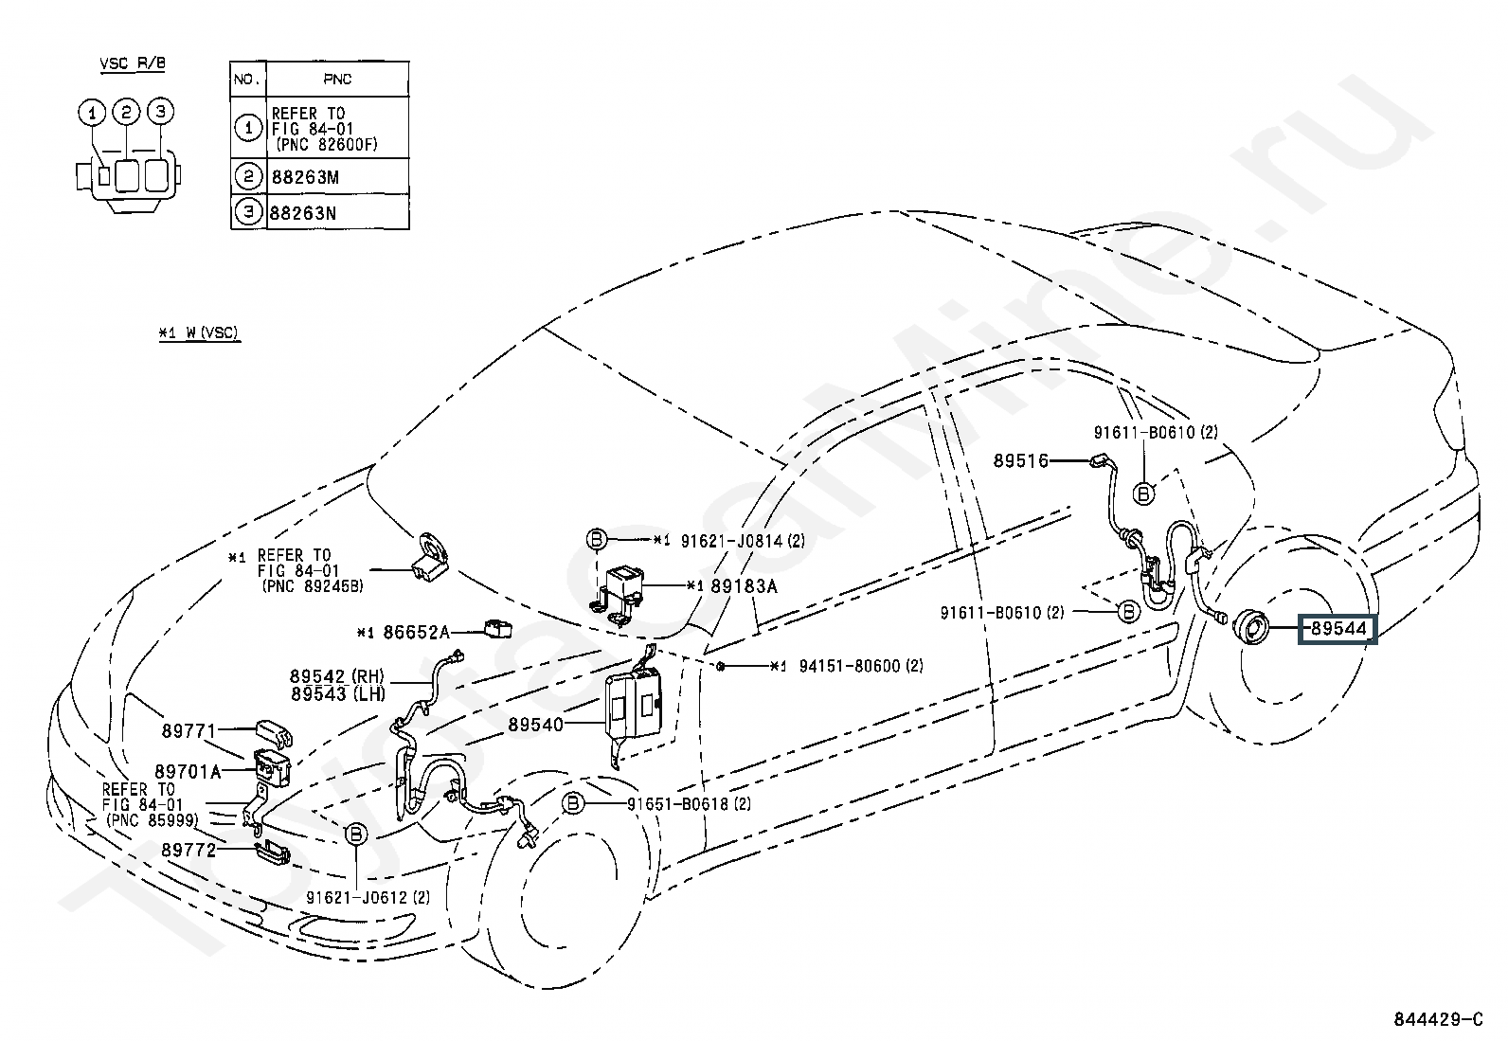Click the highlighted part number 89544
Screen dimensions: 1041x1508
pos(1337,627)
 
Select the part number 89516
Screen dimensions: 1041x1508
pos(1020,461)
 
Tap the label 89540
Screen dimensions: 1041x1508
pos(535,725)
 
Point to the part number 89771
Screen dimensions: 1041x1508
pos(188,730)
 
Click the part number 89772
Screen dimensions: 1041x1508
pos(188,851)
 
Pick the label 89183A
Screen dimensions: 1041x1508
pos(744,586)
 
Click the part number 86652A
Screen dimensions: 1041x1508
pos(416,632)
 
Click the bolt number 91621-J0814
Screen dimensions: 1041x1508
pos(729,540)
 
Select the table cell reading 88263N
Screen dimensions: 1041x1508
pos(304,212)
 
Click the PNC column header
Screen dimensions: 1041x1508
pos(337,80)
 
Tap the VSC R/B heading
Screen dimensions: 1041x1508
pos(134,64)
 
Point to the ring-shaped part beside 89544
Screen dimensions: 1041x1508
pos(1249,625)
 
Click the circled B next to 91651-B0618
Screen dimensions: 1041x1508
pos(572,804)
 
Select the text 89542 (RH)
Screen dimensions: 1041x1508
pos(336,676)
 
